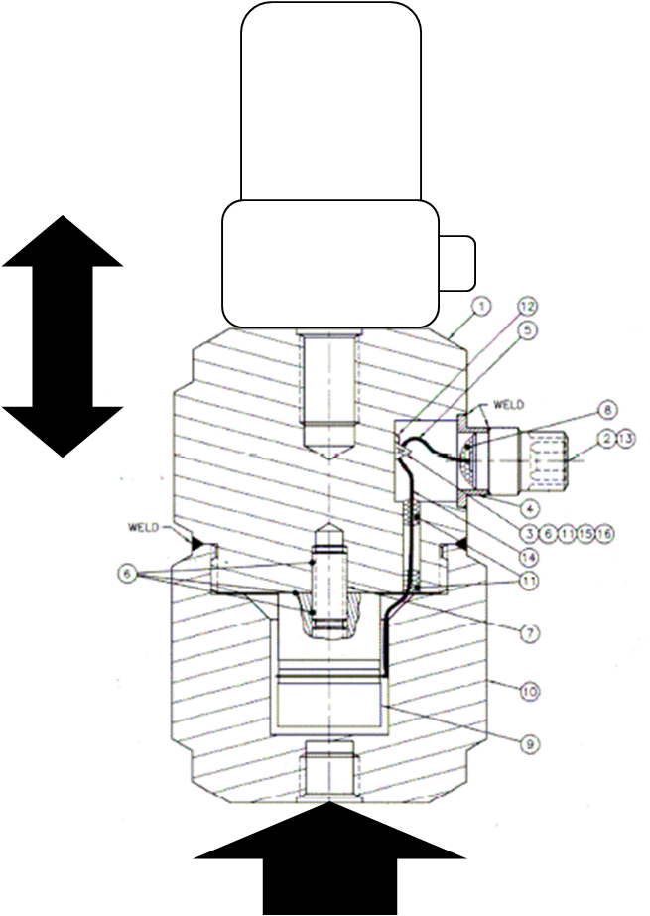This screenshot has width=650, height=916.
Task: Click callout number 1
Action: click(x=481, y=307)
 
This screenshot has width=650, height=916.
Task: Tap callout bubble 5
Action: click(x=526, y=332)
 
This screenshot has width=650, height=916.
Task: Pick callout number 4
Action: click(x=531, y=506)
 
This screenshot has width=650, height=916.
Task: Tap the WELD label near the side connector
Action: click(x=507, y=404)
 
